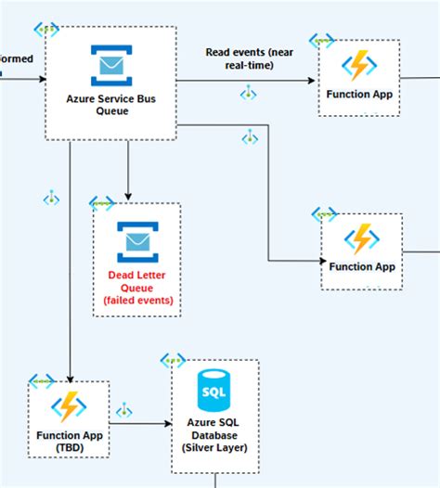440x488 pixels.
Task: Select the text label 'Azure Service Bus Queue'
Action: pyautogui.click(x=110, y=105)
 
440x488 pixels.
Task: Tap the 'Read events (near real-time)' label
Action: pyautogui.click(x=249, y=58)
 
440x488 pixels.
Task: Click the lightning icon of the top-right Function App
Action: pyautogui.click(x=359, y=66)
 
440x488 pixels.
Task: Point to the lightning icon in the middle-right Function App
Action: pyautogui.click(x=360, y=239)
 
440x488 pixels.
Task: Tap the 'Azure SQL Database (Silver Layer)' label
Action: pyautogui.click(x=214, y=434)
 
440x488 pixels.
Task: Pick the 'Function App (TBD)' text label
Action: pyautogui.click(x=69, y=442)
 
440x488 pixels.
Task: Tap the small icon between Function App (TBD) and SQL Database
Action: pyautogui.click(x=123, y=409)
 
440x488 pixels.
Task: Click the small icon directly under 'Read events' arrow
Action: pyautogui.click(x=248, y=94)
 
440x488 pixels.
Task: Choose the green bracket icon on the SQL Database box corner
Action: pyautogui.click(x=173, y=361)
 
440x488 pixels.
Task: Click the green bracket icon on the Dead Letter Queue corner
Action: pyautogui.click(x=101, y=203)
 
